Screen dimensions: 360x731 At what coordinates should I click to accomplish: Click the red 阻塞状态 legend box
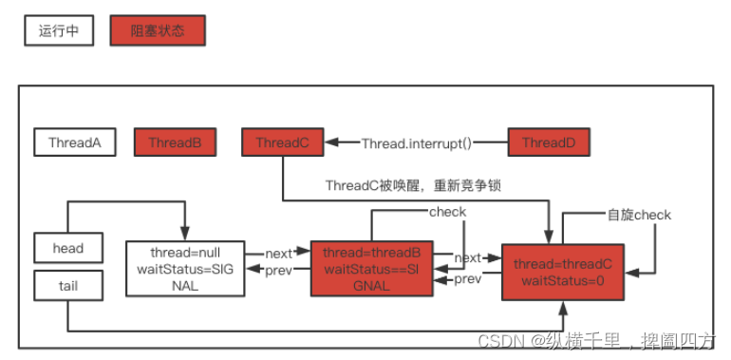click(x=158, y=30)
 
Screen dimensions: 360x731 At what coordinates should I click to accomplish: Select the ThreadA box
click(x=75, y=143)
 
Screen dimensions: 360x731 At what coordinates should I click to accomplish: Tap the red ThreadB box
click(x=176, y=143)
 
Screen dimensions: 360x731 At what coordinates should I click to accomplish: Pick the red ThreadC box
click(x=282, y=143)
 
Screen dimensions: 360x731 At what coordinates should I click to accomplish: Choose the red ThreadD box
click(x=549, y=143)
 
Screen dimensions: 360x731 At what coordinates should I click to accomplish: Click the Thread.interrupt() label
click(x=417, y=143)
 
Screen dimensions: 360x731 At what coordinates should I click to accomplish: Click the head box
click(x=68, y=249)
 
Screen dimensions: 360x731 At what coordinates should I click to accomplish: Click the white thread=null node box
click(x=186, y=268)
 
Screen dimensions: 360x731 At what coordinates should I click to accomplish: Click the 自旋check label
click(x=639, y=215)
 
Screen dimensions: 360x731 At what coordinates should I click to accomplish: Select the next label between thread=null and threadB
click(x=278, y=254)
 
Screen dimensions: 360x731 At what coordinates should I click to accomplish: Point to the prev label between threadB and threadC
click(x=467, y=279)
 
